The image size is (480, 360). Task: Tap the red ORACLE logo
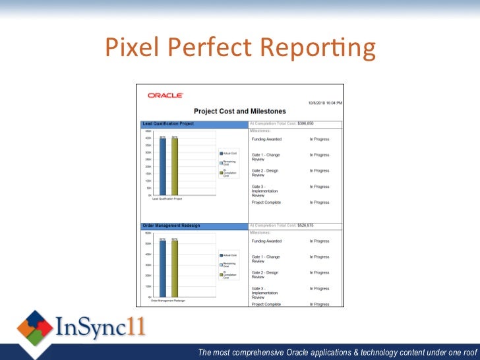coord(165,96)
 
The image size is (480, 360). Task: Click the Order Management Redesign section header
coord(171,225)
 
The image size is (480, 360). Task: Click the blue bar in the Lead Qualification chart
coord(162,166)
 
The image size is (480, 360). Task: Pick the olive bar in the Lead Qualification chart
coord(175,166)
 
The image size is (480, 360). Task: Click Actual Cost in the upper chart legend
coord(230,153)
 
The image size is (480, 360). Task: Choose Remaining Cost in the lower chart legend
coord(229,264)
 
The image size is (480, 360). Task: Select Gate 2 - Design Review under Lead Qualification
coord(264,173)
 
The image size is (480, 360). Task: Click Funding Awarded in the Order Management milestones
coord(266,241)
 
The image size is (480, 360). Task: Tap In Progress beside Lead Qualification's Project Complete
coord(319,202)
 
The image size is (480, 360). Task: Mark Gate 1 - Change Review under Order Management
coord(266,259)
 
